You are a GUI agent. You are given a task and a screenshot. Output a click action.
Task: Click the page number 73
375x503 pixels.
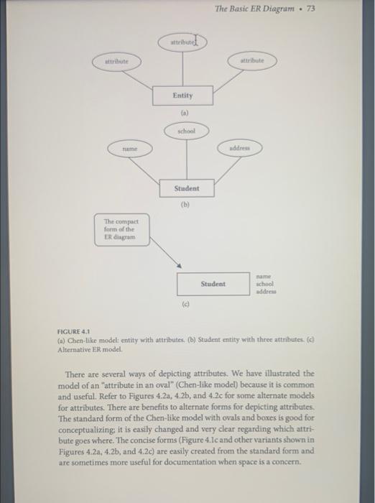[311, 9]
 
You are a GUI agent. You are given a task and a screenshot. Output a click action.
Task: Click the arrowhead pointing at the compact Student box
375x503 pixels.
[180, 265]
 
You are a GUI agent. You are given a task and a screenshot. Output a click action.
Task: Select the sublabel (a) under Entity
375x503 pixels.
[185, 113]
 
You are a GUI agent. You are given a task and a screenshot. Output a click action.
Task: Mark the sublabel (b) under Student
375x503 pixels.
[185, 204]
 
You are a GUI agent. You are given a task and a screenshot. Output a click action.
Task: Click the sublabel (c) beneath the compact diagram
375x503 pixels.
[185, 304]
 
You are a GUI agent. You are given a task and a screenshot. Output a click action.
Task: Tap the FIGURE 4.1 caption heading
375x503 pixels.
[73, 331]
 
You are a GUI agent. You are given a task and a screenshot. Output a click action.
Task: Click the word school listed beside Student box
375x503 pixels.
[264, 284]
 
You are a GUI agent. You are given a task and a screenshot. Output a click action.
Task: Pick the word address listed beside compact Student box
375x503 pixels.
[266, 292]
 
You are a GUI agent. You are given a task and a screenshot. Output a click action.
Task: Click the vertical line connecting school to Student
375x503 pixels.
[187, 160]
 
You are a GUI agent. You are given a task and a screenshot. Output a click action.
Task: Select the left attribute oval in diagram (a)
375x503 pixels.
[117, 62]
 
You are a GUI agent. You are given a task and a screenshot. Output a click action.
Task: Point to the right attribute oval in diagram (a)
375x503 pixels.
[252, 60]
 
